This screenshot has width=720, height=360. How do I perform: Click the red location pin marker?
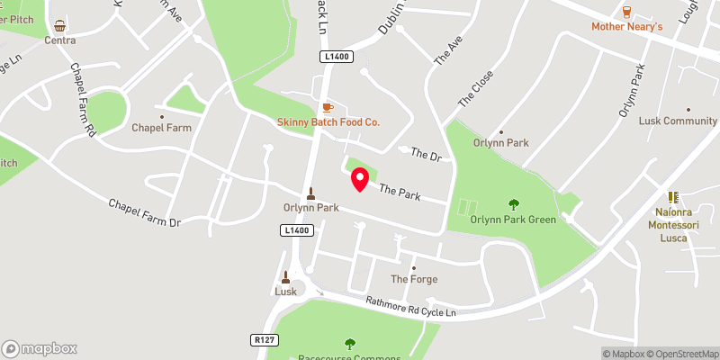359,180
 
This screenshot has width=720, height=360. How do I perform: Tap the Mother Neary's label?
626,27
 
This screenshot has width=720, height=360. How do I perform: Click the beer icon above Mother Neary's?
627,12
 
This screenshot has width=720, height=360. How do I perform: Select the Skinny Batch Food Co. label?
328,121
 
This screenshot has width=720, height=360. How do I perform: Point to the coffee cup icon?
328,107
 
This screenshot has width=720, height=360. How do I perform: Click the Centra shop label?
59,40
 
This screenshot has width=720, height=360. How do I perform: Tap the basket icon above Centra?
59,26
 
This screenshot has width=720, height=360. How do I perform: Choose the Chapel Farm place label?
162,128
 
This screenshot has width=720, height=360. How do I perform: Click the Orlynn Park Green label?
513,219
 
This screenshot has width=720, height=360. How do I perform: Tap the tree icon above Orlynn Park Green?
514,204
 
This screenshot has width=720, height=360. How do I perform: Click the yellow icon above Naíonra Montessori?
671,197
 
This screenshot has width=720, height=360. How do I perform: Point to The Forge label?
414,279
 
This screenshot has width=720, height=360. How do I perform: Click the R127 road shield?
262,340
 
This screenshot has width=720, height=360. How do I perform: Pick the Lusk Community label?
678,121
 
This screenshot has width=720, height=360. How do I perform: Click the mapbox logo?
40,348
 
